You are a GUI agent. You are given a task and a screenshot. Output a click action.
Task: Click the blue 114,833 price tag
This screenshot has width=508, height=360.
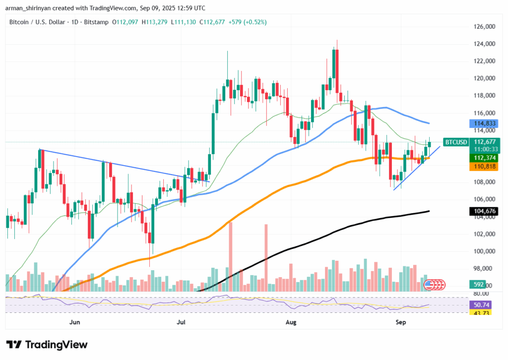(x=483, y=123)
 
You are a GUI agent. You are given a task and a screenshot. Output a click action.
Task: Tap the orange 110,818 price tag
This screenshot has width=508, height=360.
(x=483, y=168)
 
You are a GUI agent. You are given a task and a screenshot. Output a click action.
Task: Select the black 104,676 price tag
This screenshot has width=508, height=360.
(x=483, y=211)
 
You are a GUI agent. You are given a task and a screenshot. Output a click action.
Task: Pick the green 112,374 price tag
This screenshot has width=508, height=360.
(x=483, y=157)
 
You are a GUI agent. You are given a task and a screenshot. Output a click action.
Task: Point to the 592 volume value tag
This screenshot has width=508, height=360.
(x=479, y=285)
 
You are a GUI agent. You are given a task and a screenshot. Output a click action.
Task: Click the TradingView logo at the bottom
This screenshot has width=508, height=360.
(x=47, y=345)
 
